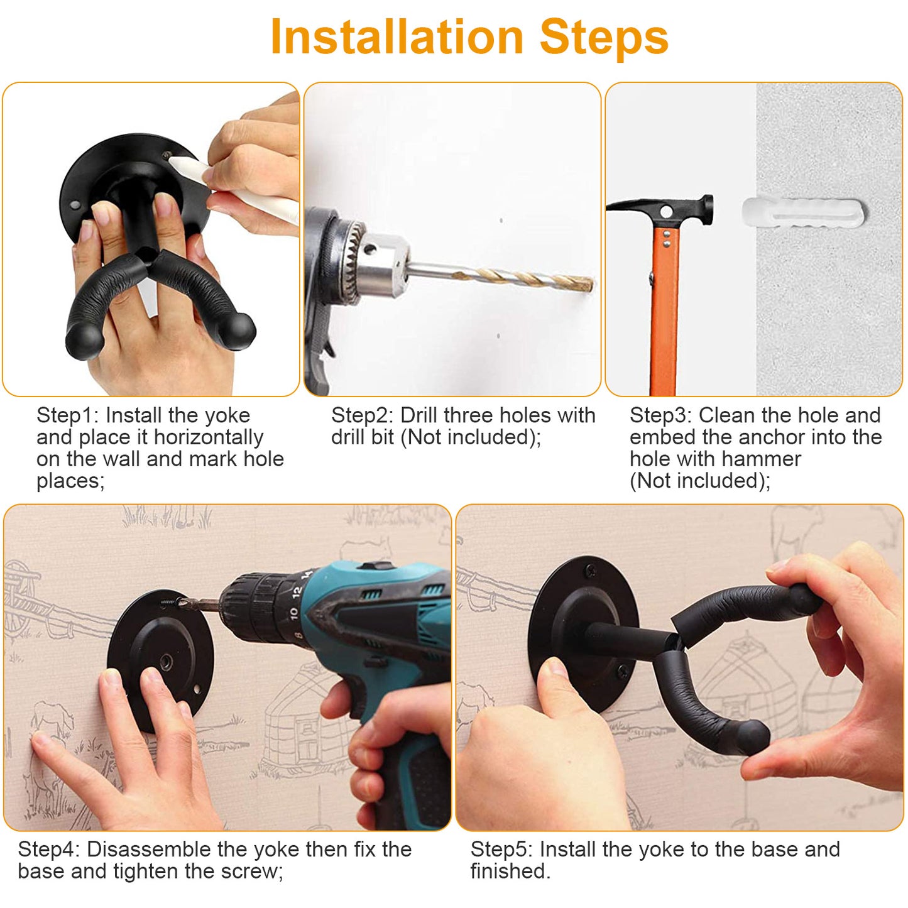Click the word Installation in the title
click(x=396, y=38)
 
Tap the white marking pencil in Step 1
click(x=239, y=189)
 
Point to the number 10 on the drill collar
click(x=293, y=612)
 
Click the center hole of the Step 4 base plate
click(x=167, y=661)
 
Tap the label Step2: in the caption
click(x=362, y=415)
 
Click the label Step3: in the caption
click(x=660, y=415)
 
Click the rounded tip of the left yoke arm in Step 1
click(x=84, y=342)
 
